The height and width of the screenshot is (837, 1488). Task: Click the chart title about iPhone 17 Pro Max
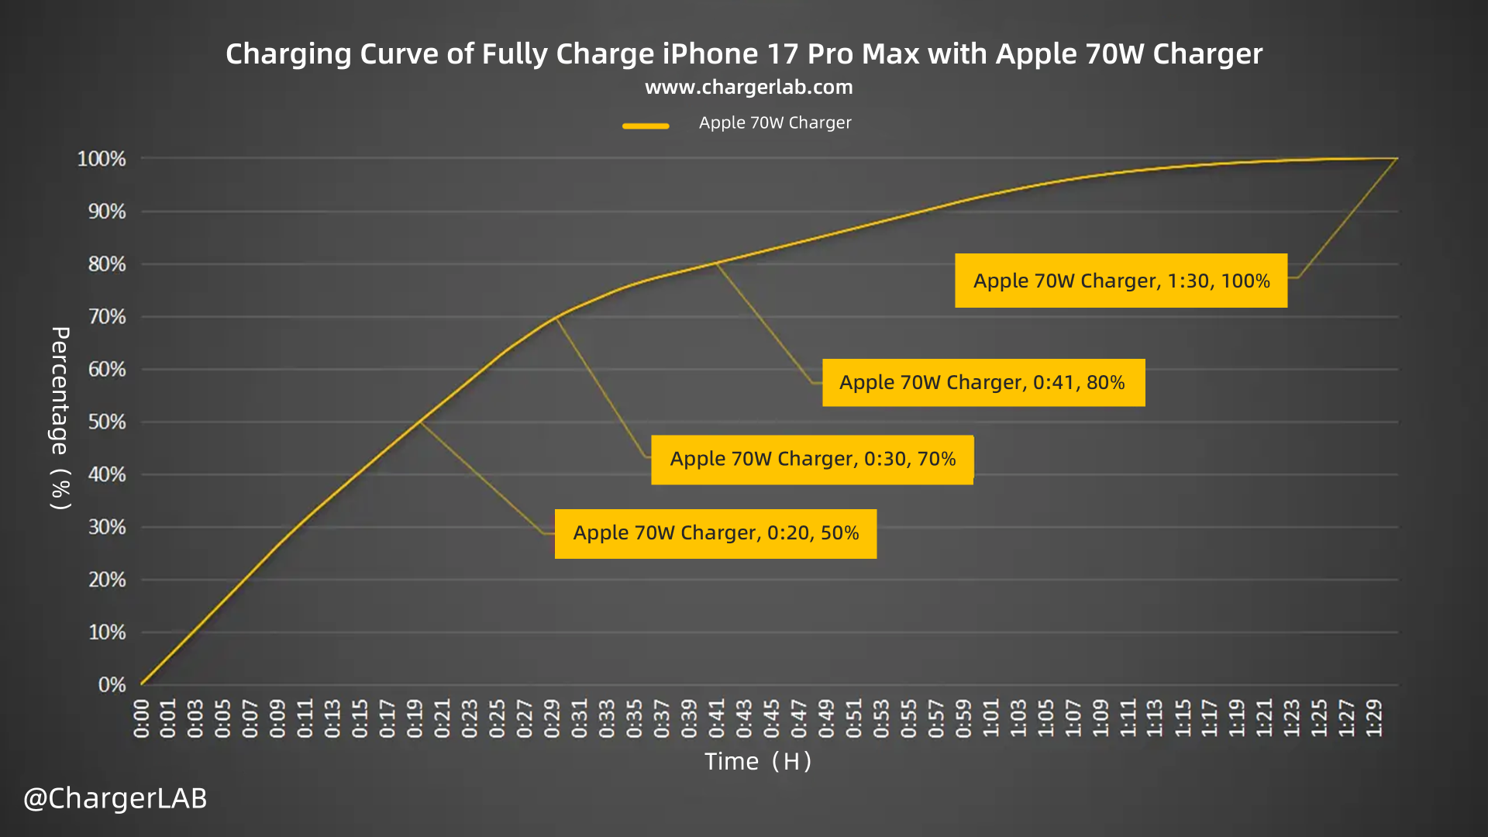(744, 53)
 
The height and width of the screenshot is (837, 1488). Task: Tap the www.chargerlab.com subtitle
(749, 87)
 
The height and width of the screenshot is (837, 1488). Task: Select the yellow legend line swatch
(646, 126)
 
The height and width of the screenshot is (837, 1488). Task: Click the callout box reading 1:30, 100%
(1121, 281)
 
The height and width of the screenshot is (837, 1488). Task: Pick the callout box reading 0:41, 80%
(983, 382)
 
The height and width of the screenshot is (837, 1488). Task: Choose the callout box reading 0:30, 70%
(812, 459)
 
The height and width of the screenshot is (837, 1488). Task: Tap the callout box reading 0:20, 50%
(715, 533)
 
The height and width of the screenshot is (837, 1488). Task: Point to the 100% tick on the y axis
(102, 159)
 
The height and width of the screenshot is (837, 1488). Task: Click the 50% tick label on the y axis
(106, 422)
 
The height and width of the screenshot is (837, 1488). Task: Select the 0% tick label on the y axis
(112, 685)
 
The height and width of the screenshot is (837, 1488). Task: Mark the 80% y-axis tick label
(106, 264)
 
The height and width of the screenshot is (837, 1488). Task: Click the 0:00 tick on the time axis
(141, 718)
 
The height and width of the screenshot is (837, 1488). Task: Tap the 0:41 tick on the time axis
(716, 718)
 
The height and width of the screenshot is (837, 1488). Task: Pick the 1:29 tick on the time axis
(1374, 718)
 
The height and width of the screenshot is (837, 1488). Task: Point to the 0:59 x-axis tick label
(963, 718)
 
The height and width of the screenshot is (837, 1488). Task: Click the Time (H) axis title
(758, 762)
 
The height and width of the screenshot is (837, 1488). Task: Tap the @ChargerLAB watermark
(115, 798)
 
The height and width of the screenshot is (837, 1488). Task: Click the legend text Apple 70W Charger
(775, 122)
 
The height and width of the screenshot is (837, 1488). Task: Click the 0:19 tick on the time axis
(415, 718)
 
